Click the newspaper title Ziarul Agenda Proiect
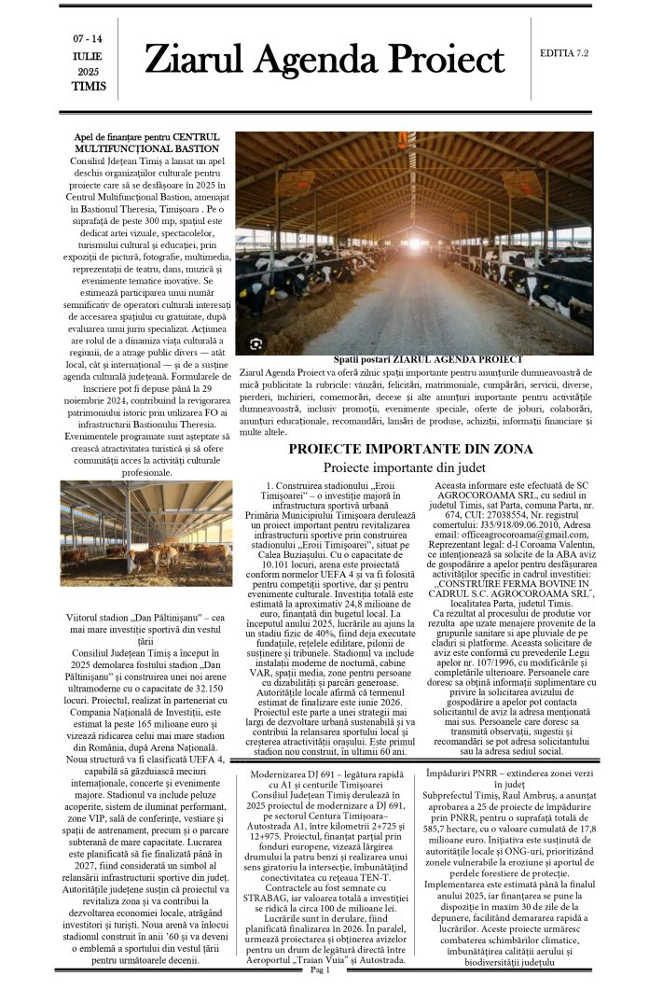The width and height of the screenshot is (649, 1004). pyautogui.click(x=324, y=62)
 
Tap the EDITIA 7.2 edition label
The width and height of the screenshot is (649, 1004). pyautogui.click(x=564, y=53)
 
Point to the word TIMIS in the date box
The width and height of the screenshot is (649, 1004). pyautogui.click(x=89, y=87)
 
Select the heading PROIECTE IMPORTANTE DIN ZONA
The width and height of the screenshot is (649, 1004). pyautogui.click(x=410, y=449)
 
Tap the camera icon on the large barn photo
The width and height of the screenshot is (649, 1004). pyautogui.click(x=255, y=343)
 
